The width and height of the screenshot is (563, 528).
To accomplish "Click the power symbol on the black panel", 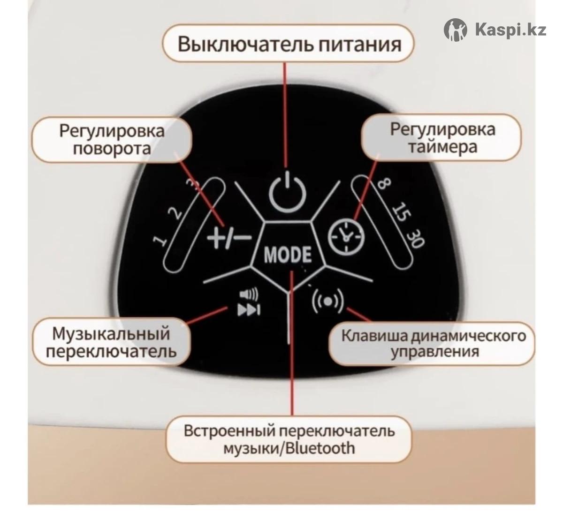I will pyautogui.click(x=288, y=192).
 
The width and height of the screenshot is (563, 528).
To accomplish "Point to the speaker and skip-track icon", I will pyautogui.click(x=248, y=303).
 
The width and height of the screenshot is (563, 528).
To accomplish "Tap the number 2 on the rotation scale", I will pyautogui.click(x=175, y=214).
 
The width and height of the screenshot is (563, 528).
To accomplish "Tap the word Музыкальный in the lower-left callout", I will pyautogui.click(x=111, y=334).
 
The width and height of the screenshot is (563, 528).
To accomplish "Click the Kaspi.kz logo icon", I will pyautogui.click(x=456, y=30).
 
